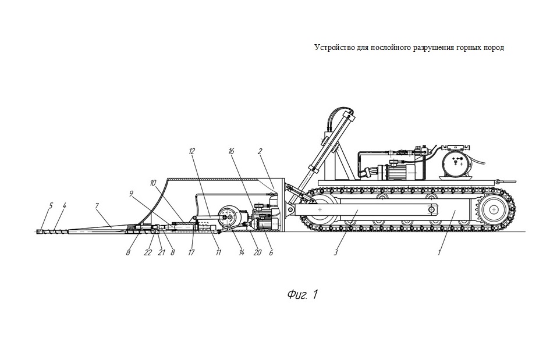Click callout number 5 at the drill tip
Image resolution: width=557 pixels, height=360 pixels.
tap(51, 205)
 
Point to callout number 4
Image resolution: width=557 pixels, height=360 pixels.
tap(64, 205)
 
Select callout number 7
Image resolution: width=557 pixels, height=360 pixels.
tap(96, 205)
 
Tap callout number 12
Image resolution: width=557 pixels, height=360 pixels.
tap(192, 152)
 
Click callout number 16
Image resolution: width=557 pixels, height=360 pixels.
tap(231, 152)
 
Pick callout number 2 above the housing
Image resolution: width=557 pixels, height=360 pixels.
tap(260, 152)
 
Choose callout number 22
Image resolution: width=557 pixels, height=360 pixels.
tap(148, 252)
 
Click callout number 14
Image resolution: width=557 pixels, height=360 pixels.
tap(242, 252)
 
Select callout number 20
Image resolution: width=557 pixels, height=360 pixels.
tap(257, 252)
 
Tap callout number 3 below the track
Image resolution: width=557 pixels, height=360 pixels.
tap(336, 252)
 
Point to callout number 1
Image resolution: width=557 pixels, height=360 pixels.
tap(439, 252)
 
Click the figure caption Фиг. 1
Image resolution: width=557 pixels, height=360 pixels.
tap(302, 294)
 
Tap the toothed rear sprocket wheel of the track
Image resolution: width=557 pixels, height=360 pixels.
tap(494, 210)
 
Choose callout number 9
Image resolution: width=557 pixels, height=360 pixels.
tap(131, 194)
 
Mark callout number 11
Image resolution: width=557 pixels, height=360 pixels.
tap(218, 252)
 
